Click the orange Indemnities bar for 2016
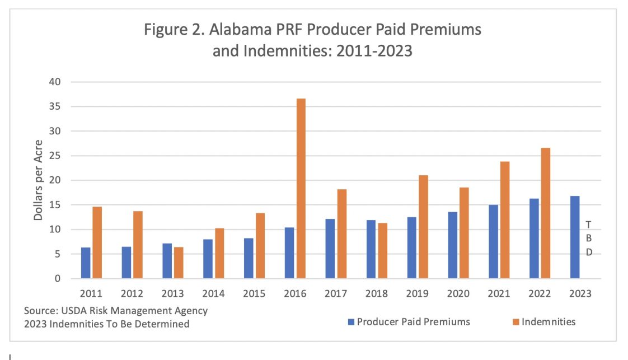click(x=301, y=189)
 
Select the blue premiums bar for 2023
click(x=575, y=237)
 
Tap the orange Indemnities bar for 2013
click(x=179, y=263)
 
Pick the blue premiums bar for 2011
click(x=86, y=263)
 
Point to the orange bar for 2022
click(x=546, y=213)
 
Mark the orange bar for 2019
click(x=423, y=227)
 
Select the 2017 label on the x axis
click(x=336, y=293)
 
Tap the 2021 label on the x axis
click(x=499, y=293)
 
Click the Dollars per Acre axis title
click(x=38, y=180)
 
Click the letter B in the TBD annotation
click(x=588, y=238)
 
